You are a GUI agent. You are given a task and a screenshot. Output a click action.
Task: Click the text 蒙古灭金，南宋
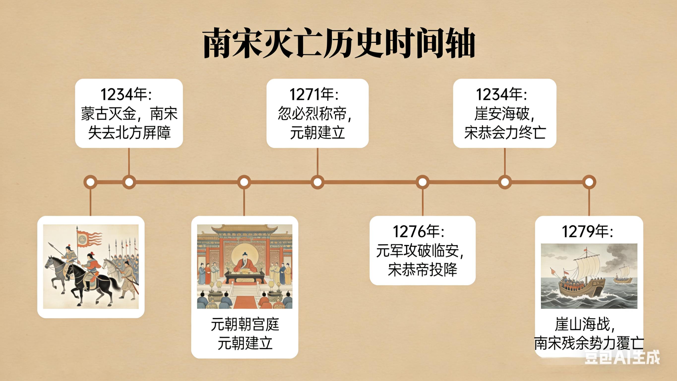point(129,114)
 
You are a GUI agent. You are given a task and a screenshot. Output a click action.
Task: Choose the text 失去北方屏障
point(129,133)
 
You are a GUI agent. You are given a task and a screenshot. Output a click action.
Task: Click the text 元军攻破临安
point(419,251)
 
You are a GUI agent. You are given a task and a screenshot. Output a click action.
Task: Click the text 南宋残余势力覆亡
point(589,343)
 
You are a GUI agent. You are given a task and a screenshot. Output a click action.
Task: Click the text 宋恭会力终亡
point(505,133)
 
